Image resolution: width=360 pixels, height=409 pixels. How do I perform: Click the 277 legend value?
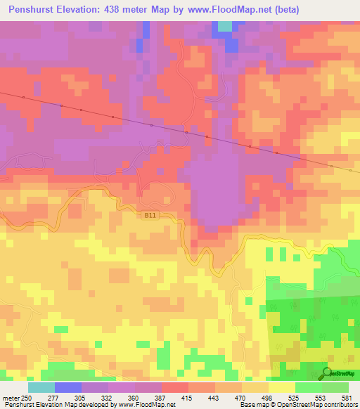pyautogui.click(x=53, y=398)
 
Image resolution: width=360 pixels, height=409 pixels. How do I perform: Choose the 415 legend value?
pyautogui.click(x=188, y=398)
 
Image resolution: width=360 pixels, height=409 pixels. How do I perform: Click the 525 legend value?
pyautogui.click(x=295, y=398)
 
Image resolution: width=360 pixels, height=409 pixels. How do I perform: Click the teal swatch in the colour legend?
pyautogui.click(x=41, y=387)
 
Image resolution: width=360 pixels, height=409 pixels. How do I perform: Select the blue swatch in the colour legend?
pyautogui.click(x=68, y=387)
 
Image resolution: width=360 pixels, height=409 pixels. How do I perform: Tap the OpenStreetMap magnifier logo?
pyautogui.click(x=327, y=372)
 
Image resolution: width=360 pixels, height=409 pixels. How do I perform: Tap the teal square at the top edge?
pyautogui.click(x=224, y=26)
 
